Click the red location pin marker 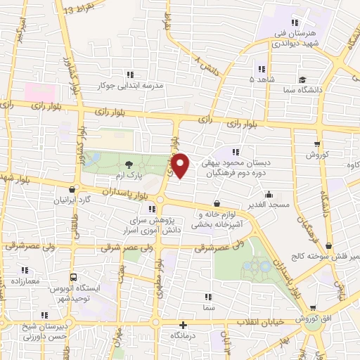tap(181, 166)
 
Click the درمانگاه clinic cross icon tap(183, 325)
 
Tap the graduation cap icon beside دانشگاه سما tap(301, 80)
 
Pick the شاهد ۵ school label tap(262, 79)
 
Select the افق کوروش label tap(321, 319)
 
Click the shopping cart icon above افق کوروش tap(312, 308)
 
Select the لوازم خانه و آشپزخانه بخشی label tap(205, 219)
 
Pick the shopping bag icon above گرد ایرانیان tap(74, 188)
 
